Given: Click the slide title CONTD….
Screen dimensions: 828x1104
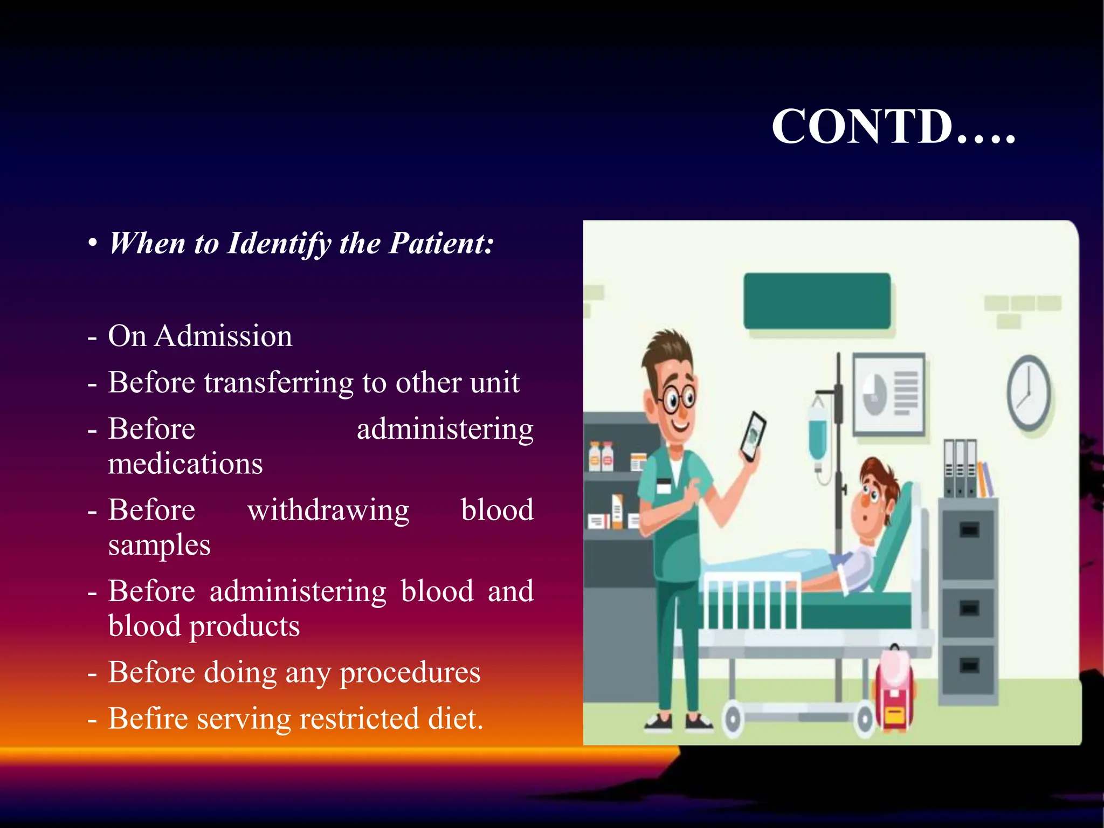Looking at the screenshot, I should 893,127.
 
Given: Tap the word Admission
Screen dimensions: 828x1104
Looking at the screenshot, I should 223,336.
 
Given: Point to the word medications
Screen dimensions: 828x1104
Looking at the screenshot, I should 185,464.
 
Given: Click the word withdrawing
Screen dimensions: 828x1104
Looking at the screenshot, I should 328,510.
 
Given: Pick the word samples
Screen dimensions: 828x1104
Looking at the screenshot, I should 159,545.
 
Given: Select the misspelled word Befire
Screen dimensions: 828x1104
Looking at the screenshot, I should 147,719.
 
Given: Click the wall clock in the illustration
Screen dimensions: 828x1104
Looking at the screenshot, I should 1029,392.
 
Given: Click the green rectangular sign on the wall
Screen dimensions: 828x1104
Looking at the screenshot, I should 817,301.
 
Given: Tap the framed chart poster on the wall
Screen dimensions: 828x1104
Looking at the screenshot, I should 889,394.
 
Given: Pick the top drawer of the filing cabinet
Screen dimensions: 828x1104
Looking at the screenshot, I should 969,531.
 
